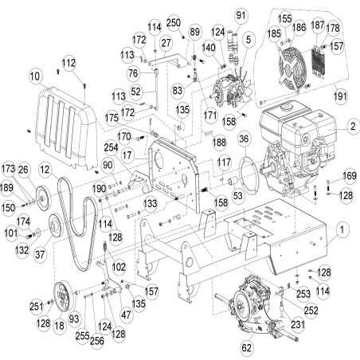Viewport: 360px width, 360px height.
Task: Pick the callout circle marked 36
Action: pos(244,140)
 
